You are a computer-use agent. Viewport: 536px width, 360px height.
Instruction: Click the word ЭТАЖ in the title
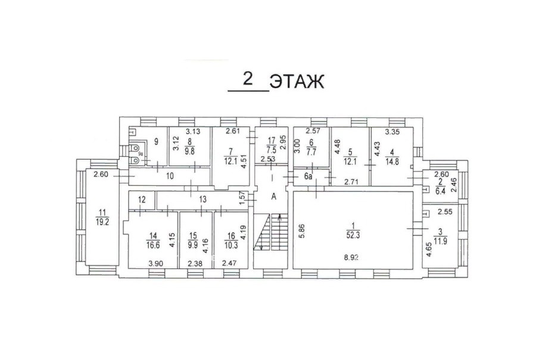(297, 82)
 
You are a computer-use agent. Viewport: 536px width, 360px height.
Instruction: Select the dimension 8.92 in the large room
(351, 257)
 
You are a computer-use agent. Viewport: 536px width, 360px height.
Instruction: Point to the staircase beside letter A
(270, 232)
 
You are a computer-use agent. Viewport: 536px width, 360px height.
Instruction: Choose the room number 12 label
(142, 200)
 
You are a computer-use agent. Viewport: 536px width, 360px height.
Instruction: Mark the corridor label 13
(202, 199)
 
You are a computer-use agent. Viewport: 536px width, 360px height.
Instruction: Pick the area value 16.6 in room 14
(153, 245)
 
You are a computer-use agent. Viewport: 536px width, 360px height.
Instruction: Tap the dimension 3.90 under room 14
(155, 263)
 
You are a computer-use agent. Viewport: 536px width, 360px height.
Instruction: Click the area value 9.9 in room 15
(193, 245)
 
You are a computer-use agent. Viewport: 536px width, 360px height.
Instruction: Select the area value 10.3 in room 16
(231, 245)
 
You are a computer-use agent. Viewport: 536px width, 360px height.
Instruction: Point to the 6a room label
(308, 176)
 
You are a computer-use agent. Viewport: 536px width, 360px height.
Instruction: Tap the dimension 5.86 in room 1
(302, 231)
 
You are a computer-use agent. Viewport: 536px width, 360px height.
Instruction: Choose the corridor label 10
(170, 176)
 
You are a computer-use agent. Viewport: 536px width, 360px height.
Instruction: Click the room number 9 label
(156, 141)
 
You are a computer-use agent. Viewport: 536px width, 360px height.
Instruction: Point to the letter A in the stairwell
(274, 197)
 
